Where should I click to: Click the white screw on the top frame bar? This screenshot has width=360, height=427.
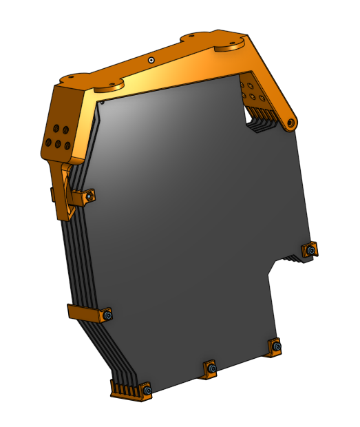pos(151,60)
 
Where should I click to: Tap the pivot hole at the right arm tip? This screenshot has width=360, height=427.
pos(292,123)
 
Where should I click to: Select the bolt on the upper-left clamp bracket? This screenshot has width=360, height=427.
pos(89,198)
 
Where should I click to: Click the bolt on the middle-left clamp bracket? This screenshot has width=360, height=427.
pos(107,315)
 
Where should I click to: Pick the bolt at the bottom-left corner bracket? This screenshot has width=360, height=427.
pos(147,390)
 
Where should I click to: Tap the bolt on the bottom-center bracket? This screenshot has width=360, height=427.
pos(211,369)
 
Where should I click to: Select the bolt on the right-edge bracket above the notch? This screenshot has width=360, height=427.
pos(312,250)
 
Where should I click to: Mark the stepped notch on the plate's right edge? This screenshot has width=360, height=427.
pos(275,265)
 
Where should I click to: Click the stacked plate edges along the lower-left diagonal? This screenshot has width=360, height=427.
pos(90,344)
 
